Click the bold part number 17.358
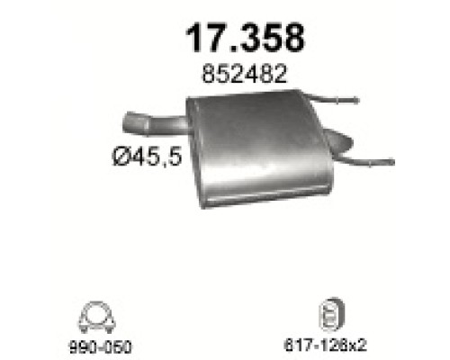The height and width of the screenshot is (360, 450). pos(245,38)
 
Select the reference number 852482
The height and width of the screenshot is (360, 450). pos(245,74)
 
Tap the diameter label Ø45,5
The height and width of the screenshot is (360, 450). pos(147,157)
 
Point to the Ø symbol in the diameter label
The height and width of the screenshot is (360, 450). pos(120,157)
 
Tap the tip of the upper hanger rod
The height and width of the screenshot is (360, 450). pos(356,100)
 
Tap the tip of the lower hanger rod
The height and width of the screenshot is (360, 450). pos(391,162)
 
